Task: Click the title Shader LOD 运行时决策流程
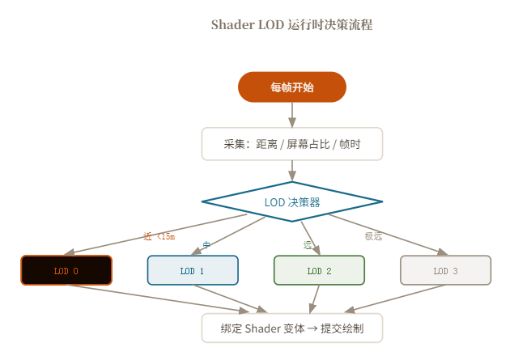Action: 291,24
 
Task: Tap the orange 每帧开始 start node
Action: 291,87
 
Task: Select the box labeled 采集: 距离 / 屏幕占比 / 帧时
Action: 291,144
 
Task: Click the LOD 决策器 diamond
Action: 291,201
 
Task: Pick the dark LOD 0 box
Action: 66,270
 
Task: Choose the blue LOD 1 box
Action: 193,270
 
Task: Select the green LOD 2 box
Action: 319,270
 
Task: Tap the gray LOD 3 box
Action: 445,270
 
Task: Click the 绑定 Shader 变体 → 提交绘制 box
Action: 291,328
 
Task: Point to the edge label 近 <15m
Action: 159,237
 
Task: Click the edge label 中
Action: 206,244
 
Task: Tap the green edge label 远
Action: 308,244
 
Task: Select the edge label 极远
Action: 373,237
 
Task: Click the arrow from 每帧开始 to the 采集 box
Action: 291,115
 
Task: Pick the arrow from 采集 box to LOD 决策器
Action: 291,171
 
